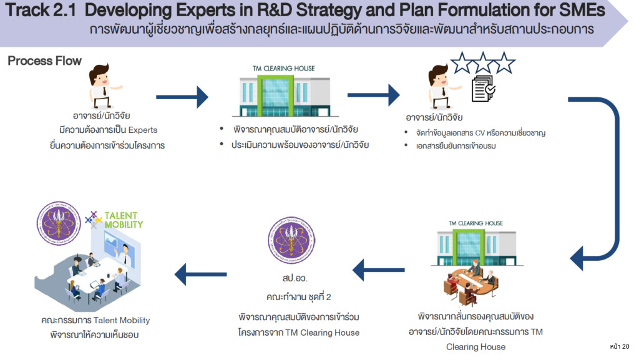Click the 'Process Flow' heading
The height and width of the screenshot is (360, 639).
[44, 61]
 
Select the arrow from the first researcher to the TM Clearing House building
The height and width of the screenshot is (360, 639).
[182, 97]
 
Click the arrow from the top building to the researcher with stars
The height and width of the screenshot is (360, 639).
[373, 95]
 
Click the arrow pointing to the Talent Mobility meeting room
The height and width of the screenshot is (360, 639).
[200, 271]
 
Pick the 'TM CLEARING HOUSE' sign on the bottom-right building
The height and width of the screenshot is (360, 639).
[476, 223]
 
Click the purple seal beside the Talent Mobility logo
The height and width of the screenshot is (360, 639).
[58, 223]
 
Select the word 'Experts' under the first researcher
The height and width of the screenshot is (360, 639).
[143, 130]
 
